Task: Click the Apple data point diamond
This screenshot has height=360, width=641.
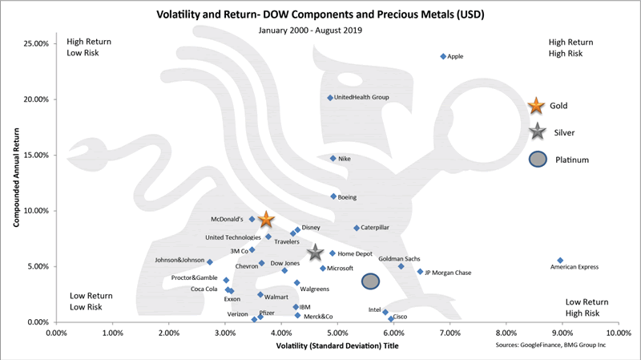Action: coord(443,56)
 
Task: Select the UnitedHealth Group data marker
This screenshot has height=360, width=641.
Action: coord(329,98)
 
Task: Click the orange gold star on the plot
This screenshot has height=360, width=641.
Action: coord(266,220)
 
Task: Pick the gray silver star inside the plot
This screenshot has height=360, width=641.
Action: coord(315,253)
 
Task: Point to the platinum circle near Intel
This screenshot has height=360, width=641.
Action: coord(370,281)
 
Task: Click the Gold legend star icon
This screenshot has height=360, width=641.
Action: coord(537,105)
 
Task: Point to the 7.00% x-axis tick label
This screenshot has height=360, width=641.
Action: coord(450,332)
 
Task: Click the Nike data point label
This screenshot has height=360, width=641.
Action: coord(345,159)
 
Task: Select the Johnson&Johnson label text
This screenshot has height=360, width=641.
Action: coord(180,260)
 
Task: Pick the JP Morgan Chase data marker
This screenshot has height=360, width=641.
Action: coord(420,272)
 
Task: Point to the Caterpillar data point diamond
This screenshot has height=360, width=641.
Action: coord(357,228)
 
